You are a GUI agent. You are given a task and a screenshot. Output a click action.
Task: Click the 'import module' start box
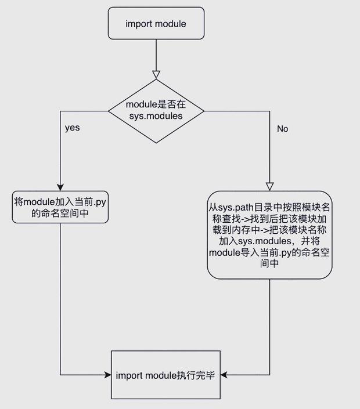[156, 23]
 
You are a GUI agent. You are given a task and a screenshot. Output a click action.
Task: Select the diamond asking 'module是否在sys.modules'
[156, 110]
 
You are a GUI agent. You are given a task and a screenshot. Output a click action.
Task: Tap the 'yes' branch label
[72, 128]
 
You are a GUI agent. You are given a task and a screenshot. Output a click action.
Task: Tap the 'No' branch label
[282, 129]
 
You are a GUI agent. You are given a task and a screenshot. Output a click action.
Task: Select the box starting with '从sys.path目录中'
[269, 235]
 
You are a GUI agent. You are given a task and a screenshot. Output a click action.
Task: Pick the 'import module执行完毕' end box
[165, 375]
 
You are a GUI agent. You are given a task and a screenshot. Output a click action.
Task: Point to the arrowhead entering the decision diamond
[156, 74]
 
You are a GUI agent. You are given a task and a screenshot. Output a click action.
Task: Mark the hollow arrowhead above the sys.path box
[269, 186]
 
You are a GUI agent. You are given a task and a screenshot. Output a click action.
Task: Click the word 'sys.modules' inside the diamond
[156, 116]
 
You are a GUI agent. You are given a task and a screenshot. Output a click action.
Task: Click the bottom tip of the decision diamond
[156, 142]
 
